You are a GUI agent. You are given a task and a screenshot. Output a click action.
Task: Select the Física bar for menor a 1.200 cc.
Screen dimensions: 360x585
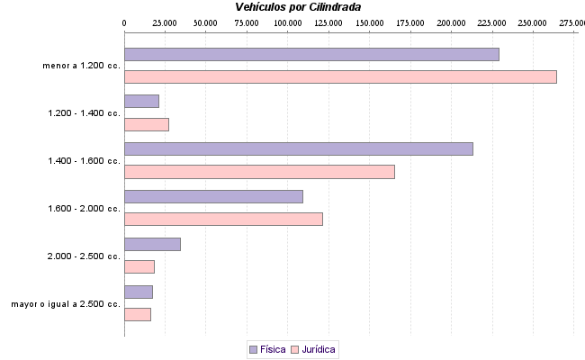(x=311, y=54)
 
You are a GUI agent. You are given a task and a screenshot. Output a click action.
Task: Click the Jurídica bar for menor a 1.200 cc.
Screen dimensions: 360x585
(x=340, y=76)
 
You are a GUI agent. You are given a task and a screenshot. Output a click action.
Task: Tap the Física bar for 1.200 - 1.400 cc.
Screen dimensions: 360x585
(x=141, y=102)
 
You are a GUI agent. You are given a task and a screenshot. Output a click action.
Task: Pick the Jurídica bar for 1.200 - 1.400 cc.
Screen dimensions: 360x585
(x=147, y=124)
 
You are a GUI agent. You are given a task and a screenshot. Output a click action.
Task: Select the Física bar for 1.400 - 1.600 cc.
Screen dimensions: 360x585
(x=298, y=148)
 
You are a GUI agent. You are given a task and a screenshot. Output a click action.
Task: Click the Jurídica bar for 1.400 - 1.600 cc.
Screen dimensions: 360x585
(x=259, y=172)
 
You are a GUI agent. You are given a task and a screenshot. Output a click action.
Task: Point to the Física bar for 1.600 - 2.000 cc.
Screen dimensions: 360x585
(x=213, y=196)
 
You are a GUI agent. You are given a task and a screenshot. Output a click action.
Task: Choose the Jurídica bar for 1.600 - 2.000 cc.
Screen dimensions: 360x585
(x=223, y=219)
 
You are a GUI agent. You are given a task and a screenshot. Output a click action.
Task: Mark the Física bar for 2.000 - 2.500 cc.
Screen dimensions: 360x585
(x=152, y=244)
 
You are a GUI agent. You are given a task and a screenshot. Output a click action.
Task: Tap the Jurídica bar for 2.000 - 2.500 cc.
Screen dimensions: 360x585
(x=139, y=266)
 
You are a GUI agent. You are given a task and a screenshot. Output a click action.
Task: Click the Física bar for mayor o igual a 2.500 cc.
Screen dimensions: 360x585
(x=139, y=292)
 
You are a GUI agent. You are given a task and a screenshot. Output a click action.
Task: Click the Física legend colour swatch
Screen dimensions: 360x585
(x=253, y=348)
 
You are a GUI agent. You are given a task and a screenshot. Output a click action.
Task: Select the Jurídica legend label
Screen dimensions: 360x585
(x=319, y=348)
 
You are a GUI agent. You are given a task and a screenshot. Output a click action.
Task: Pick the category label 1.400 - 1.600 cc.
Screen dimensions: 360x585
(x=84, y=161)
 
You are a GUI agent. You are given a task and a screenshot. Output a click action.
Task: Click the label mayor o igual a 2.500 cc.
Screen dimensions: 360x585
(x=66, y=304)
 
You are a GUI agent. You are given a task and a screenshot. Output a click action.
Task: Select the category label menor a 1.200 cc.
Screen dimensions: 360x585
(x=81, y=66)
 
